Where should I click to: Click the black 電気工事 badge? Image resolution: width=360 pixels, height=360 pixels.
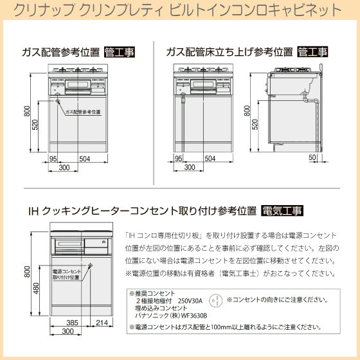point(282,211)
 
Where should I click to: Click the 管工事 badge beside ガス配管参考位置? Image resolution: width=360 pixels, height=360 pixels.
point(120,52)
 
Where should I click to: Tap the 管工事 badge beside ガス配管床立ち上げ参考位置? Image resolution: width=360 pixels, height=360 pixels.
point(312,52)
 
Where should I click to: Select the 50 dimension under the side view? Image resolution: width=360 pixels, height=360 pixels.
point(312,157)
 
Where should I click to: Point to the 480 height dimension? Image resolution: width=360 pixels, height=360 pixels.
point(36,288)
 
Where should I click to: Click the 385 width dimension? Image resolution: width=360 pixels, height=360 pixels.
point(72,323)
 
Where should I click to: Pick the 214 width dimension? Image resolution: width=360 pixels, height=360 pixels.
point(102,323)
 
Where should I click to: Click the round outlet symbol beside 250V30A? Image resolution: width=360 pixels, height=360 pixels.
point(216,300)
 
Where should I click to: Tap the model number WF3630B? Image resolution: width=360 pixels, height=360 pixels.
point(194,316)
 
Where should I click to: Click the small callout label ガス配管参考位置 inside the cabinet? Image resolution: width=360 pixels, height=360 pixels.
point(83,112)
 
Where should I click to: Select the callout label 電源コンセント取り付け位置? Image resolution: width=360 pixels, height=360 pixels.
point(67,274)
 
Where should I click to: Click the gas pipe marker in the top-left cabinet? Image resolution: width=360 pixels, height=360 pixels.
point(58,100)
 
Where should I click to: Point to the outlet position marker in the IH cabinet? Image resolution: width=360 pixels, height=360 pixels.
point(91,266)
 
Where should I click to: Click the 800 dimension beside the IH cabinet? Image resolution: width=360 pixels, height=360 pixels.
point(27,271)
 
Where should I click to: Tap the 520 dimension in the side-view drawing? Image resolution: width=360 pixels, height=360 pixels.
point(255,125)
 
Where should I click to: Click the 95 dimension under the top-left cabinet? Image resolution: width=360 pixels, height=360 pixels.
point(53,159)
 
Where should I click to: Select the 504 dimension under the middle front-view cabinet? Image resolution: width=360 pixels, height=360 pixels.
point(210,158)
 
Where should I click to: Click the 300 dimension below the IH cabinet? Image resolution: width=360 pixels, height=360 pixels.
point(67,331)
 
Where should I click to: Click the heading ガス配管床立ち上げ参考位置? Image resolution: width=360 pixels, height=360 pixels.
point(230,52)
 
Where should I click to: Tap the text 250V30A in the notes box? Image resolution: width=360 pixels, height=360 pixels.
point(190,301)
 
